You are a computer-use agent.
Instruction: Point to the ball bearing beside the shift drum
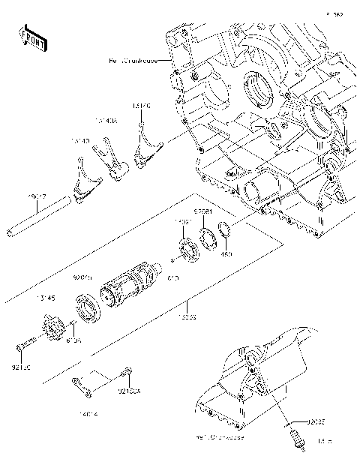[89, 310]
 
